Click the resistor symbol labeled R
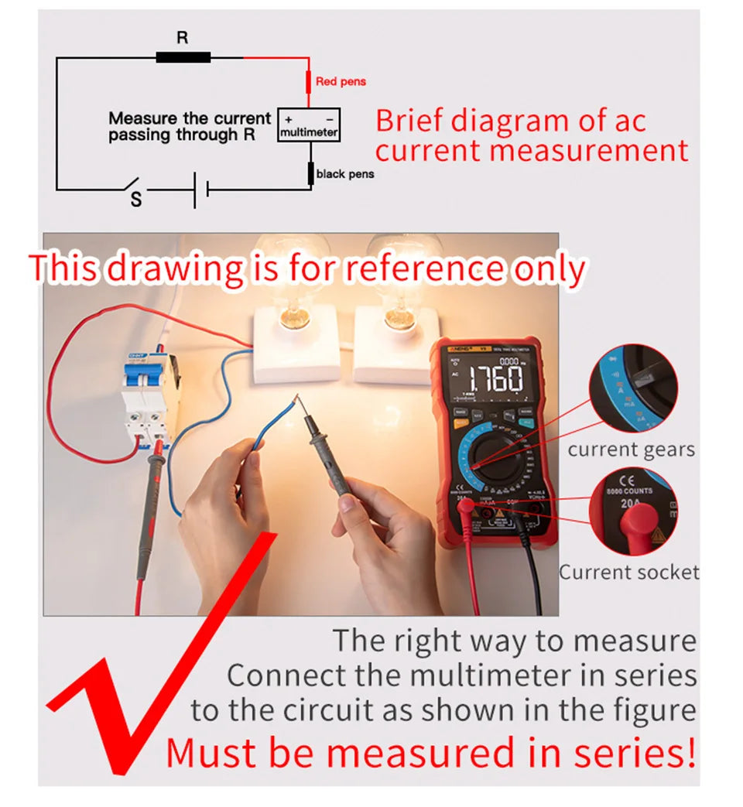click(x=183, y=56)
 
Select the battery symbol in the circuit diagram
click(x=200, y=188)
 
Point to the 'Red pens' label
click(x=341, y=81)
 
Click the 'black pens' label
click(x=344, y=174)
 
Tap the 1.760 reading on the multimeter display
click(x=495, y=379)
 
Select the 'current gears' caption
click(x=631, y=450)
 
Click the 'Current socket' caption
click(x=628, y=573)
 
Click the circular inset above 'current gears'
click(x=633, y=389)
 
